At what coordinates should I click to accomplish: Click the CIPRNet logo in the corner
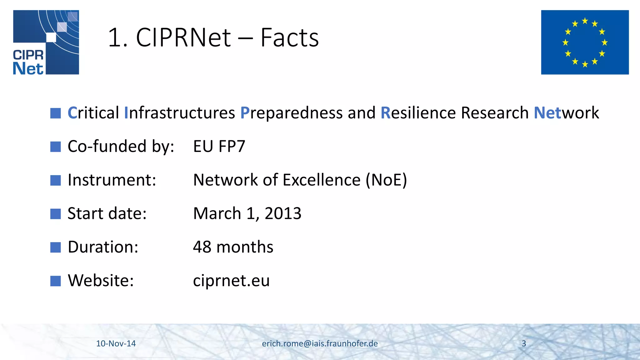coord(46,42)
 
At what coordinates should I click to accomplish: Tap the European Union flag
coord(585,42)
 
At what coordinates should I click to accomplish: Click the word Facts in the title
coord(289,38)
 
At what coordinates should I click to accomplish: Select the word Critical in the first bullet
coord(93,113)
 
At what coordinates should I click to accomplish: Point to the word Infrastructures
coord(179,113)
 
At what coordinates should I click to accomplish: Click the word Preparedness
coord(291,113)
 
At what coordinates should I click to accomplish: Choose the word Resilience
coord(418,113)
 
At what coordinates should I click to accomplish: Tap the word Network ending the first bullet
coord(566,113)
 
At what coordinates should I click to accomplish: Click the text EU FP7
coord(219,146)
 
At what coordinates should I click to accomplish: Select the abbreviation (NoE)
coord(386,180)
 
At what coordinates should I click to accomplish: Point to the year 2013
coord(283,213)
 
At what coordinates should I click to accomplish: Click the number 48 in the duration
coord(202,247)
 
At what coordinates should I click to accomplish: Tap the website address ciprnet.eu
coord(231,281)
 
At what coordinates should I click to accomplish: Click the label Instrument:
coord(112,180)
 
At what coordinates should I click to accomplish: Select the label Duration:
coord(103,247)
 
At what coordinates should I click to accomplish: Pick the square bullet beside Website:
coord(56,281)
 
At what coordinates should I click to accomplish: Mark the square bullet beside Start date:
coord(56,214)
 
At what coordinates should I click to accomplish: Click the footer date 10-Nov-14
coord(116,343)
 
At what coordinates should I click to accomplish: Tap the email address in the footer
coord(320,343)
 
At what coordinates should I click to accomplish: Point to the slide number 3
coord(524,343)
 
